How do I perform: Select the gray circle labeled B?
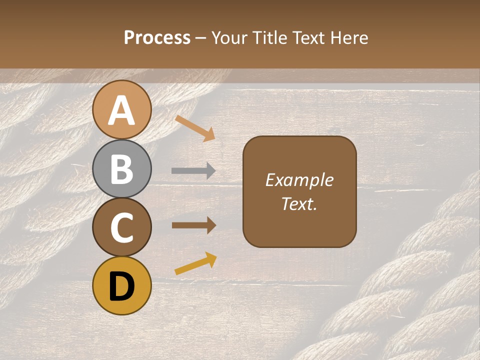tap(121, 168)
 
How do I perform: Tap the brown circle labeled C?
tap(121, 227)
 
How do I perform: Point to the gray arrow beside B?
tap(193, 171)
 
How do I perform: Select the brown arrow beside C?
tap(193, 225)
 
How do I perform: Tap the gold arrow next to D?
tap(195, 263)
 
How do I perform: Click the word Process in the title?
tap(157, 37)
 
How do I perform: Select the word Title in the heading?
tap(269, 37)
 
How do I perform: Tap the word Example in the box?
tap(299, 180)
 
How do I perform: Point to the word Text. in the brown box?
tap(299, 203)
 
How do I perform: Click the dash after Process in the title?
tap(201, 38)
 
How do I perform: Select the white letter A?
tap(121, 110)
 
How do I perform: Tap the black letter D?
tap(121, 286)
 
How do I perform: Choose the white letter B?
tap(121, 168)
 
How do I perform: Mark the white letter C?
tap(121, 227)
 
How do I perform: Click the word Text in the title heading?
tap(309, 37)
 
